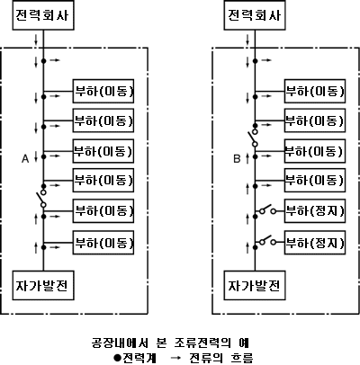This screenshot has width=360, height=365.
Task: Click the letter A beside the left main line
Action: (25, 158)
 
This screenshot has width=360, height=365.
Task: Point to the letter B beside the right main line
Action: (237, 158)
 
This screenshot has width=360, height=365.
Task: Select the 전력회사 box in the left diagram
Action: (43, 15)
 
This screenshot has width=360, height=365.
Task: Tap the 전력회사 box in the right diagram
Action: (255, 15)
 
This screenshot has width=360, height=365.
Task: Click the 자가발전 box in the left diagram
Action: (43, 285)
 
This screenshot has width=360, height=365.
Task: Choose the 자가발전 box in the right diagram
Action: (255, 285)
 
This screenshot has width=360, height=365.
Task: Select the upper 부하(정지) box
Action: (315, 211)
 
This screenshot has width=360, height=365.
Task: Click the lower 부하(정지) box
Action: (315, 243)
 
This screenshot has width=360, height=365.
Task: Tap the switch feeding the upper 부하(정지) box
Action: (267, 210)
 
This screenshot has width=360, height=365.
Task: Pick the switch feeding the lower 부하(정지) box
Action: (267, 241)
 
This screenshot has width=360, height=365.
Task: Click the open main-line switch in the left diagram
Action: (42, 198)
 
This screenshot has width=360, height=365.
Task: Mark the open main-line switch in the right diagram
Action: (254, 138)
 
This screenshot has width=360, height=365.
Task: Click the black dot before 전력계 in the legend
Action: (118, 358)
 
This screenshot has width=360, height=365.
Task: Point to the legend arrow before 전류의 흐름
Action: (176, 358)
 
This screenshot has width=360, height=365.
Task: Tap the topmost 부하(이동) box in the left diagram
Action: (103, 91)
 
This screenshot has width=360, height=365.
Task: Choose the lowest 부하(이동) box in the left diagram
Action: (103, 243)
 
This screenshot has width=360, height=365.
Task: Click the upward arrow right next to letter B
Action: (247, 158)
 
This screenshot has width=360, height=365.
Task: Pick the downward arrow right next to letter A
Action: (36, 156)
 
